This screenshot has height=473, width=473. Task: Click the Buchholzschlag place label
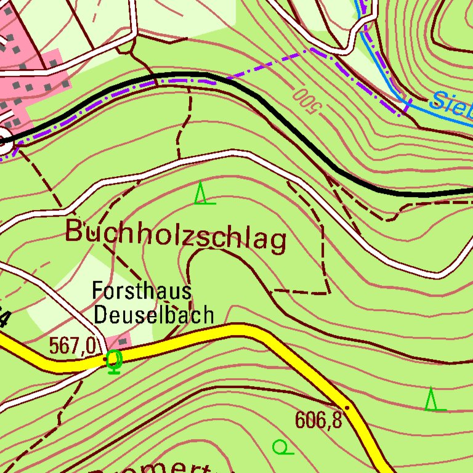176,235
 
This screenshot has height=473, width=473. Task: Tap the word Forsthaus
142,291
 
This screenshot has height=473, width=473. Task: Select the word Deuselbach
153,315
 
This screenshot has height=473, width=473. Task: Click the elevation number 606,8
318,420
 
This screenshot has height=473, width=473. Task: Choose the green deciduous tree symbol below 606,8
281,447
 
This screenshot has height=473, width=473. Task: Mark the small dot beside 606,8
347,408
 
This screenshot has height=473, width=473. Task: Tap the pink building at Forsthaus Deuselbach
119,341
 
